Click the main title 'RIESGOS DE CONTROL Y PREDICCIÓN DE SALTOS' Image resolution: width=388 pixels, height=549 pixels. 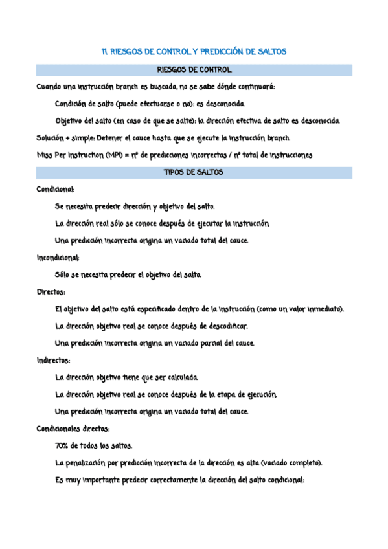coord(194,51)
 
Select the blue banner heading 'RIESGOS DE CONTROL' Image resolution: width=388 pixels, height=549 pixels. coord(194,70)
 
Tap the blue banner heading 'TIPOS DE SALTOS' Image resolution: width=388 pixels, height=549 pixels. coord(194,173)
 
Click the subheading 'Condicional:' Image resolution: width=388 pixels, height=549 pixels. coord(56,190)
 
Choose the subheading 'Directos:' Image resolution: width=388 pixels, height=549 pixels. coord(51,292)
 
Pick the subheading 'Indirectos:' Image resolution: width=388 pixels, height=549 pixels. coord(54,360)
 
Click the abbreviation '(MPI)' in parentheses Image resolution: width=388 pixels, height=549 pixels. coord(115,155)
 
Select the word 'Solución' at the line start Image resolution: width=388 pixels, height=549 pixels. coord(51,138)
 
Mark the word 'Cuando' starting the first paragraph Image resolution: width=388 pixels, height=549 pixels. coord(49,87)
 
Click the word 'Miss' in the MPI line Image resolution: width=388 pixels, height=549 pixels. coord(45,155)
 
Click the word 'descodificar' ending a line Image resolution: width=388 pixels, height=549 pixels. coord(229,326)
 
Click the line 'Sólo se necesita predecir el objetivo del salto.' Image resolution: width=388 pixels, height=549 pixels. coord(128,274)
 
